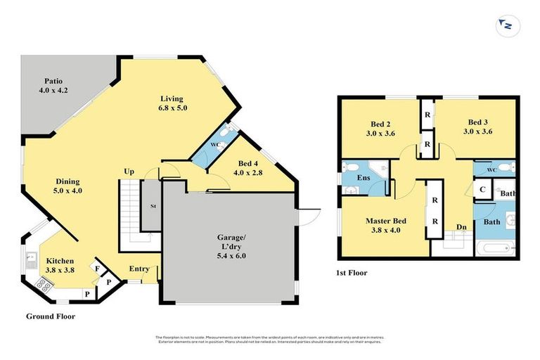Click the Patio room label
[x=53, y=86]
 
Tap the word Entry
[x=138, y=269]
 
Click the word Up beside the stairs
[x=129, y=171]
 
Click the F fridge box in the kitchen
[x=96, y=268]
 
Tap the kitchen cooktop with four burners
[x=41, y=284]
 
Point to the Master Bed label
[x=385, y=225]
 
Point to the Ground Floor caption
[x=50, y=316]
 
